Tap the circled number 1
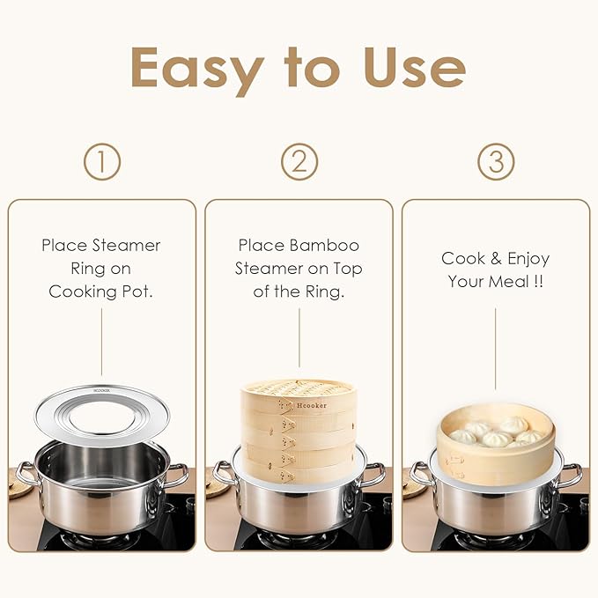102,161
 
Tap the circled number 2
299,161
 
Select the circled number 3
496,161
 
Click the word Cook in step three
463,258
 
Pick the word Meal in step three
515,282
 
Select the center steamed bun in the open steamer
498,439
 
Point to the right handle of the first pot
178,476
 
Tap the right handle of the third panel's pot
572,476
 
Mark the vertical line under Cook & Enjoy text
495,347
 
